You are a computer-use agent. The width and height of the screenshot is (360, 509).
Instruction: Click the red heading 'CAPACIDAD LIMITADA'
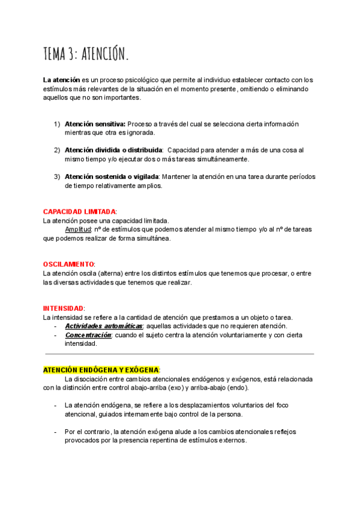(x=80, y=212)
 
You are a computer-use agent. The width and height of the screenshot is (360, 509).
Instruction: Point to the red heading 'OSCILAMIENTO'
(x=68, y=264)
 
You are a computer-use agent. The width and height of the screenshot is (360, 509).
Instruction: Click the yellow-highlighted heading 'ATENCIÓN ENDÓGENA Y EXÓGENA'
(x=101, y=370)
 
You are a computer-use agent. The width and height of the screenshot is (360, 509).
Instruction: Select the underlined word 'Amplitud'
(x=78, y=229)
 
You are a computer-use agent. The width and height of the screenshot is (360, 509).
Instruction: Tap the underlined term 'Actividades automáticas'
(x=103, y=326)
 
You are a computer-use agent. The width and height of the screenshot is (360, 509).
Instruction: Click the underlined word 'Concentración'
(x=88, y=335)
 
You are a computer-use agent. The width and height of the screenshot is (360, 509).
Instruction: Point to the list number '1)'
(x=57, y=124)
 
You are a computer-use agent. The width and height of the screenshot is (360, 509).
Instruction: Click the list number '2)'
(x=57, y=150)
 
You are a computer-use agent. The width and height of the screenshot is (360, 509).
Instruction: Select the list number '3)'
(x=57, y=176)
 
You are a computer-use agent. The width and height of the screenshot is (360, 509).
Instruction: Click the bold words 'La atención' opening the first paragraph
(x=61, y=80)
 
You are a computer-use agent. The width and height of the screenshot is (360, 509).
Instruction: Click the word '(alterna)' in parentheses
(x=110, y=274)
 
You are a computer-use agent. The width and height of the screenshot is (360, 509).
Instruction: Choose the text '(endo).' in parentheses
(x=239, y=388)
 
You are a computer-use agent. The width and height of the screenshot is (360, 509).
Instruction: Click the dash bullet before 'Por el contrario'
(x=56, y=432)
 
